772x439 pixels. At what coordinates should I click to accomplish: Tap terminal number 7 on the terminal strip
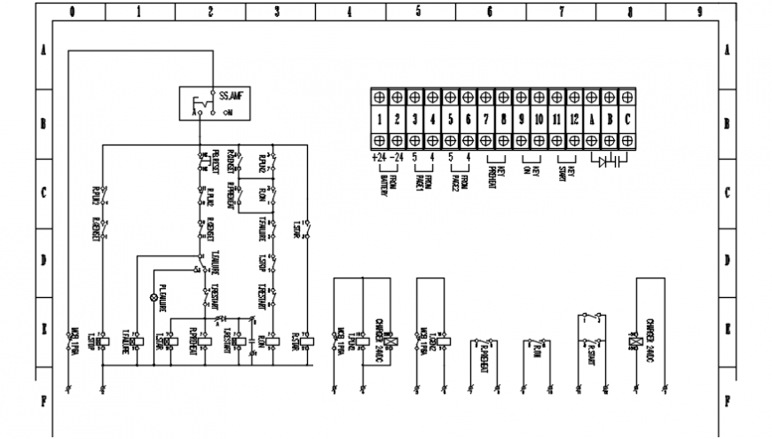click(485, 118)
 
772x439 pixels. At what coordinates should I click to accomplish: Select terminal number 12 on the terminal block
click(574, 118)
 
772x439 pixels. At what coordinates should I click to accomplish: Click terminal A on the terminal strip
click(592, 118)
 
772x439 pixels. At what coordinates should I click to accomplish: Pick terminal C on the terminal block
click(627, 118)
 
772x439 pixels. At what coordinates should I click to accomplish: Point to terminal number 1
click(379, 118)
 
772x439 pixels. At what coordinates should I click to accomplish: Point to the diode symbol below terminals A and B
click(603, 162)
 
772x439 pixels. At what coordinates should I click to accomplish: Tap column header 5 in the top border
click(419, 12)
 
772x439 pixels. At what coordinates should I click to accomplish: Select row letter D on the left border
click(43, 261)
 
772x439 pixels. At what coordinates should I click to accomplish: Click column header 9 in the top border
click(700, 12)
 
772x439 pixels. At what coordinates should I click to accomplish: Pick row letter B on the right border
click(727, 123)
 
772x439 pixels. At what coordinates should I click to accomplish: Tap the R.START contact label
click(591, 351)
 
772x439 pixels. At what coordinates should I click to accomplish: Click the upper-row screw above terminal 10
click(539, 96)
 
